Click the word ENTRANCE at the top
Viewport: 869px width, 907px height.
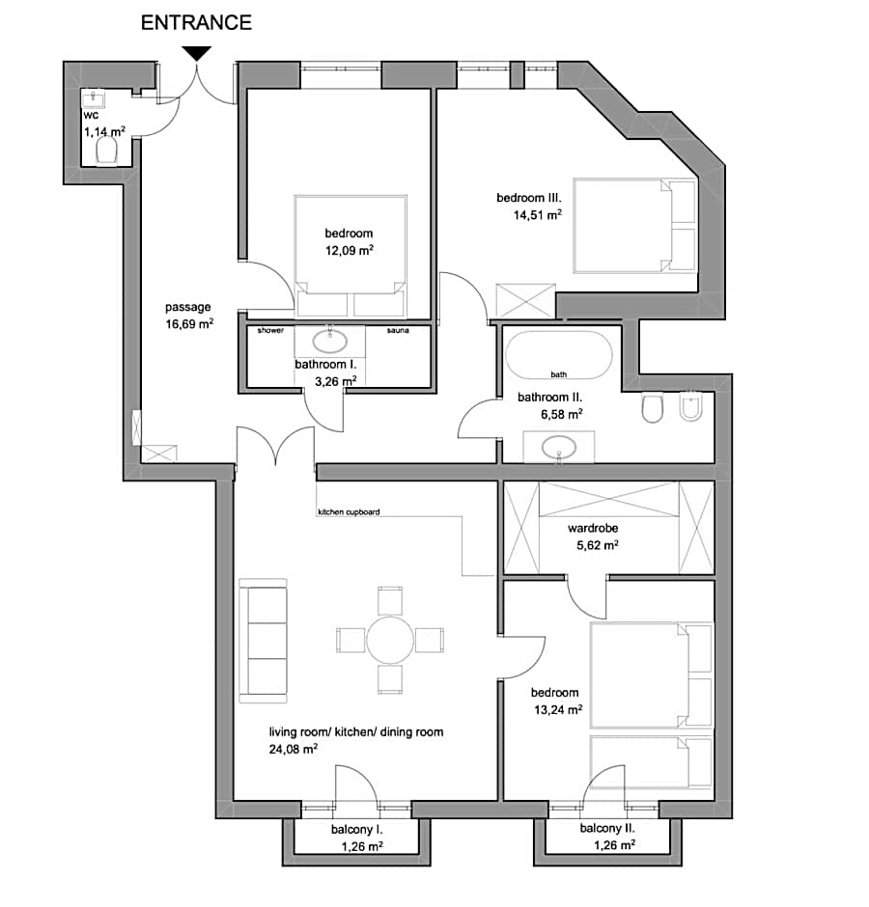(x=196, y=22)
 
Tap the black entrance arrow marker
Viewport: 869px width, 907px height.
(x=197, y=53)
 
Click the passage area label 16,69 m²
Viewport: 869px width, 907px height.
(x=188, y=324)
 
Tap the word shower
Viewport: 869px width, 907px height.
(x=270, y=331)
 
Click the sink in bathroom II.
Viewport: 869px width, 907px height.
(x=558, y=448)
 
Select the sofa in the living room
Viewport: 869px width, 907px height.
(x=264, y=640)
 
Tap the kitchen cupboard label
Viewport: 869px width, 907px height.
(x=349, y=512)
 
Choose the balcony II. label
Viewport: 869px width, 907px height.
(x=607, y=829)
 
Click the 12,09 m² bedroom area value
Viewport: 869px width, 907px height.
(x=349, y=250)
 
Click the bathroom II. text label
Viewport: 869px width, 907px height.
(x=549, y=397)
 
